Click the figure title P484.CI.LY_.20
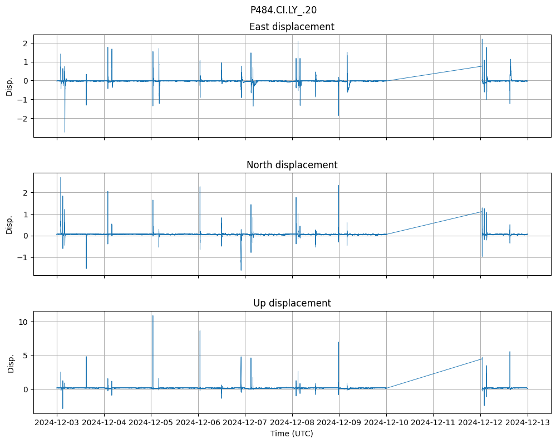pyautogui.click(x=283, y=9)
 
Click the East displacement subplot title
pyautogui.click(x=292, y=27)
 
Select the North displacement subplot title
pyautogui.click(x=292, y=165)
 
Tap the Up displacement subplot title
pyautogui.click(x=292, y=303)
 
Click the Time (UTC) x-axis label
pyautogui.click(x=292, y=433)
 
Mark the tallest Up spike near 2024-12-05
pyautogui.click(x=152, y=316)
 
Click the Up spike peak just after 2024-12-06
pyautogui.click(x=200, y=331)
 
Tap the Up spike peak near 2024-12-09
pyautogui.click(x=338, y=342)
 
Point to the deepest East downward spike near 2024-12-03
pyautogui.click(x=65, y=132)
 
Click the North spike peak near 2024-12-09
pyautogui.click(x=338, y=186)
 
